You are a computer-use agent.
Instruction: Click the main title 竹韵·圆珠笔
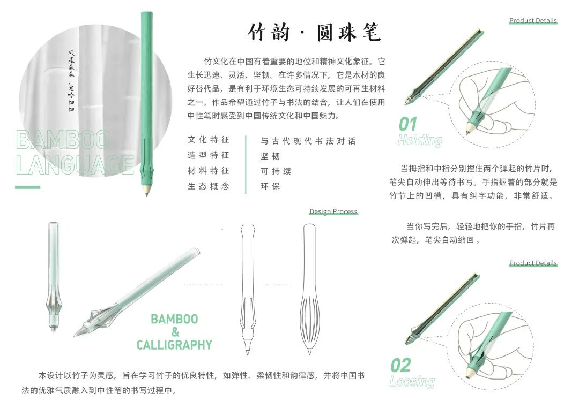click(314, 32)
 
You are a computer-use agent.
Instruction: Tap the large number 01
click(407, 124)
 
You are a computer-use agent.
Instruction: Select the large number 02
click(400, 366)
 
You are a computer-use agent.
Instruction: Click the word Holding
click(420, 140)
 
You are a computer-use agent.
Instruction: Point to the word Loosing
click(412, 381)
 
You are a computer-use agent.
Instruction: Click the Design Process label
click(333, 211)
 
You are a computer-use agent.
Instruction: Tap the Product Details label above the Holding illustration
click(533, 21)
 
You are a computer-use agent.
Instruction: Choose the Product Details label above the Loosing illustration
click(533, 263)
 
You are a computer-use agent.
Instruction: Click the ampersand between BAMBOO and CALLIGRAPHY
click(175, 332)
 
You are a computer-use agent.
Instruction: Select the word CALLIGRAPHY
click(174, 345)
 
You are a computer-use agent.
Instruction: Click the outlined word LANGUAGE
click(75, 164)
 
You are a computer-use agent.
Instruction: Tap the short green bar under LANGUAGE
click(28, 187)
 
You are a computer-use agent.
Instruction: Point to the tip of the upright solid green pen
click(146, 195)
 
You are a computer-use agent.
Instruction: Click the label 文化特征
click(209, 140)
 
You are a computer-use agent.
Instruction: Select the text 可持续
click(276, 171)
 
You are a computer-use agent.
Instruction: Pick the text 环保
click(270, 186)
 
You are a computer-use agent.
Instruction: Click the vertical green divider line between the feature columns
click(246, 164)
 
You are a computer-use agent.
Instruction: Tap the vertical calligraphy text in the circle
click(71, 81)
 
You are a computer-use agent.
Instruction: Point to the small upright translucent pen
click(53, 276)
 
